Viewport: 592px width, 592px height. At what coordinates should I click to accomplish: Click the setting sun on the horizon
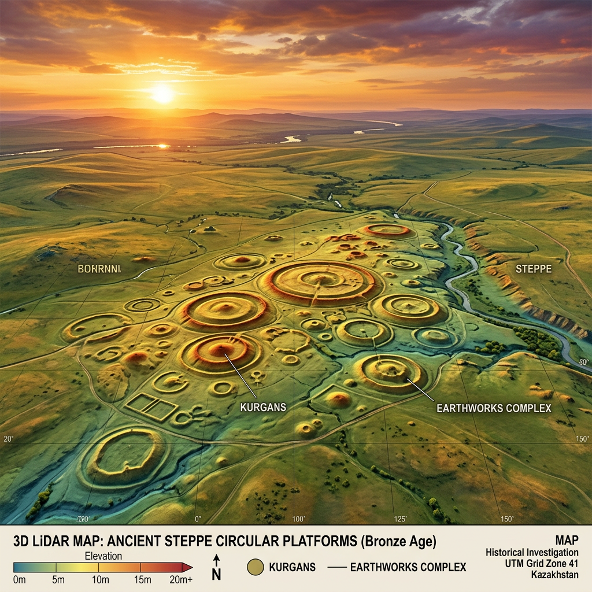pos(162,94)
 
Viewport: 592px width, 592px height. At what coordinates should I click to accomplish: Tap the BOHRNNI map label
pos(99,269)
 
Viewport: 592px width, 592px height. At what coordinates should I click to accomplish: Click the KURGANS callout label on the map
pos(263,407)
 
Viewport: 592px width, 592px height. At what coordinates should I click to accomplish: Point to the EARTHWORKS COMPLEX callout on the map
pos(494,408)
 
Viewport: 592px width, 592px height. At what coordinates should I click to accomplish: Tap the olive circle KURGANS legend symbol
pos(255,567)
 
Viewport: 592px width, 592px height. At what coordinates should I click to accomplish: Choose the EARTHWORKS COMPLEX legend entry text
pos(408,567)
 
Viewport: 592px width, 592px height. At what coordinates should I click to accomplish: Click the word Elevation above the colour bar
pos(103,556)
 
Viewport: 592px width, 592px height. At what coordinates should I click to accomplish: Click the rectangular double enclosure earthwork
pos(151,407)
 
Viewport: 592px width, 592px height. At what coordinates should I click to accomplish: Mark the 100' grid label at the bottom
pos(298,519)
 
